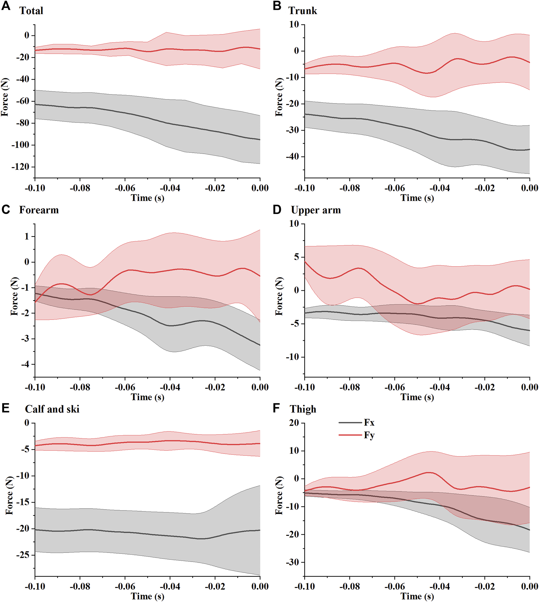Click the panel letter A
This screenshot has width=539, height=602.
[6, 6]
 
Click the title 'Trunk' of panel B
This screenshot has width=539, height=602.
[302, 11]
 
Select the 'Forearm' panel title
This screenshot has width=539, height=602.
[39, 210]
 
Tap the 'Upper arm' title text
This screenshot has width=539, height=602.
[316, 210]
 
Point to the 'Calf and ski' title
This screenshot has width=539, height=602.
[52, 409]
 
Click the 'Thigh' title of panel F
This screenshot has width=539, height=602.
[303, 409]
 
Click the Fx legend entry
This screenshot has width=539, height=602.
[369, 422]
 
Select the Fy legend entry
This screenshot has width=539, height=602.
[369, 435]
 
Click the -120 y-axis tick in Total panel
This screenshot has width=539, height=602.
[20, 167]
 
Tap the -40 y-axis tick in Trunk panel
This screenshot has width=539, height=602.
[292, 157]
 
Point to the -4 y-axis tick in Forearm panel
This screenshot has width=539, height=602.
[25, 365]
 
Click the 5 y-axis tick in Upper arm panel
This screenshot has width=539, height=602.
[297, 257]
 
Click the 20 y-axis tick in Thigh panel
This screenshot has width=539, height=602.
[294, 423]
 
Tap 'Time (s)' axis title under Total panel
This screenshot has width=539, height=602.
[147, 198]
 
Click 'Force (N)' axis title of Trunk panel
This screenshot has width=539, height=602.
[279, 97]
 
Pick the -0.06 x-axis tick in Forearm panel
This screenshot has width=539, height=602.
[125, 387]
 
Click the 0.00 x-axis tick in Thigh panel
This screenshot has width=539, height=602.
[529, 586]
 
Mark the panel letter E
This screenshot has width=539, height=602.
[6, 408]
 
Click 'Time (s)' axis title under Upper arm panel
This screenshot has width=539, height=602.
[417, 397]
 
